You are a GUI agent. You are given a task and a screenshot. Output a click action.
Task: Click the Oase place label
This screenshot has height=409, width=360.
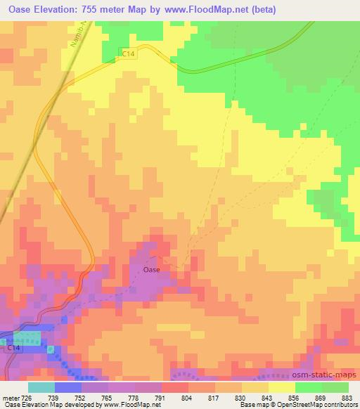pyautogui.click(x=151, y=269)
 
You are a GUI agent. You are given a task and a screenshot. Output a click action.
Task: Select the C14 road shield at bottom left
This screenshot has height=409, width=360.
pyautogui.click(x=15, y=349)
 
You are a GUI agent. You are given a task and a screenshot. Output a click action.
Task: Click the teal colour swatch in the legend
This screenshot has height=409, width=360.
pyautogui.click(x=41, y=387)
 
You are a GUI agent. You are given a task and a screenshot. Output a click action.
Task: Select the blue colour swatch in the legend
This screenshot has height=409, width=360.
pyautogui.click(x=68, y=387)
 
